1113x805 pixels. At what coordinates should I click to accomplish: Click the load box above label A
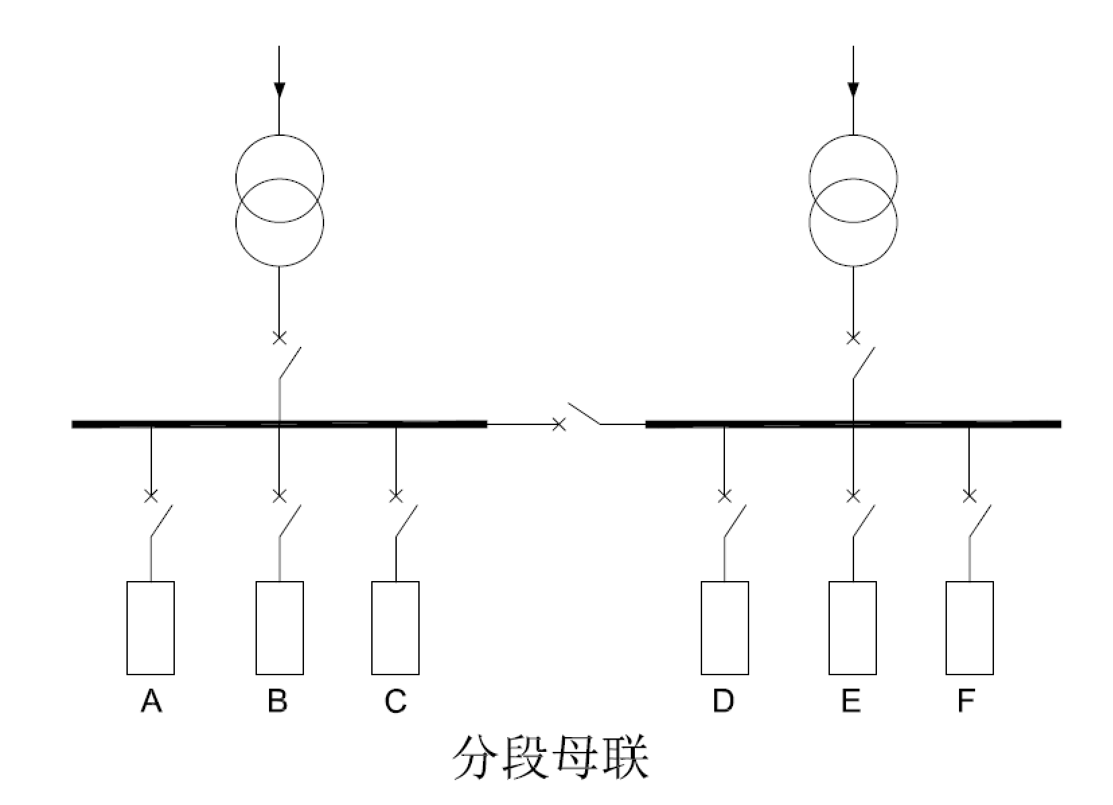(151, 627)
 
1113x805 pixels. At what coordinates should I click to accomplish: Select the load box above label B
(279, 627)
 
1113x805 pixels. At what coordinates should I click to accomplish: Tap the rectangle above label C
(395, 627)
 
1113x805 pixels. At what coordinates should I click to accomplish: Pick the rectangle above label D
(724, 627)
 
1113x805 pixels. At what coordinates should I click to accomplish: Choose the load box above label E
(853, 627)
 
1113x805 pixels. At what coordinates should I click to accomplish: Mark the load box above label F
(969, 627)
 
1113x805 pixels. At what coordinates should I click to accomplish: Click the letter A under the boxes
(151, 701)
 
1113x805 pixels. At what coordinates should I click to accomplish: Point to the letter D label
(724, 701)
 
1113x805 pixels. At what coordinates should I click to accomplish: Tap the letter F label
(966, 701)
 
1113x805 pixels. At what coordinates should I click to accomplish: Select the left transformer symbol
(279, 200)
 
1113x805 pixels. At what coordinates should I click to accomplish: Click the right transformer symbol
(853, 200)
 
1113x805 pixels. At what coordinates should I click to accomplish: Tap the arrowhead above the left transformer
(279, 89)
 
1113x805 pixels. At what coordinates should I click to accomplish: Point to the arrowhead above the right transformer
(853, 89)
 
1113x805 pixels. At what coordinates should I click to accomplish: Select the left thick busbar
(279, 424)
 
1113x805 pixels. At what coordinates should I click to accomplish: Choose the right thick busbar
(853, 424)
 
